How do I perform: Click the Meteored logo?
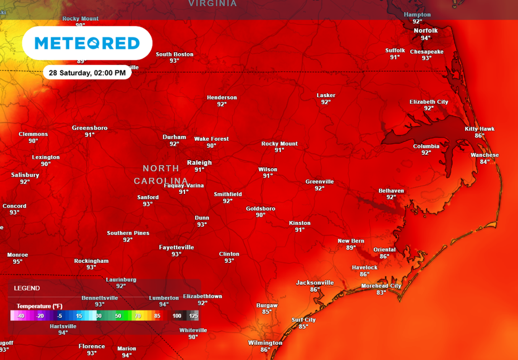(x=87, y=43)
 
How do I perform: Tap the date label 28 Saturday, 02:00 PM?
(x=87, y=73)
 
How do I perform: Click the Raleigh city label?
(x=199, y=163)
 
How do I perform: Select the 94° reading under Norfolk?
(x=425, y=38)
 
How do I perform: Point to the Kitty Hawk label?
(x=480, y=129)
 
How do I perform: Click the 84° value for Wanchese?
(x=485, y=162)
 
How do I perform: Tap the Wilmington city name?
(x=265, y=343)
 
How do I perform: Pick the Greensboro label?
(x=90, y=128)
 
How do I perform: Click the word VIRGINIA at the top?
(x=212, y=4)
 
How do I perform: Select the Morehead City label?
(x=381, y=286)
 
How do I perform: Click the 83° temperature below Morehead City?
(x=381, y=293)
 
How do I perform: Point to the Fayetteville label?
(x=176, y=248)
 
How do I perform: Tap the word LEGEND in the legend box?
(x=27, y=288)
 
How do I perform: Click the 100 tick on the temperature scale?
(x=177, y=316)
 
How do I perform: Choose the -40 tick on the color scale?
(x=20, y=316)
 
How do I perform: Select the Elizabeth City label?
(x=428, y=102)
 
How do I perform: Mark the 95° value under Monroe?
(x=18, y=262)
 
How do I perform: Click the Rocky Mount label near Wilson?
(x=279, y=144)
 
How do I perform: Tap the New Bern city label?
(x=351, y=241)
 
